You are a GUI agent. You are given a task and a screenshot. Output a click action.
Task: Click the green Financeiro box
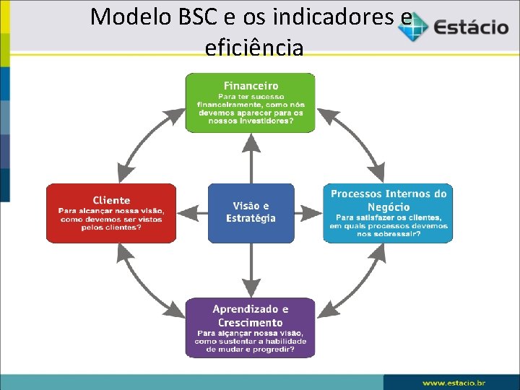[x=251, y=102]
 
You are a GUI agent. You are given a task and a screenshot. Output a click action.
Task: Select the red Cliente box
[x=111, y=213]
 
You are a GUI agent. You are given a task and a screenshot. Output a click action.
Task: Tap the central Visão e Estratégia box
[x=251, y=213]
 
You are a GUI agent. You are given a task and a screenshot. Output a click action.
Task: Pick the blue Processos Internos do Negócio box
[x=389, y=213]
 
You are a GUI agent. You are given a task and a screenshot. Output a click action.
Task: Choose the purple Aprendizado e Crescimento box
[x=251, y=327]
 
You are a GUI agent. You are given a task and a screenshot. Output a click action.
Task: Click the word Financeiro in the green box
[x=251, y=86]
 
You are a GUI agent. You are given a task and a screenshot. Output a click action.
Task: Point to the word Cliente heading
[x=111, y=200]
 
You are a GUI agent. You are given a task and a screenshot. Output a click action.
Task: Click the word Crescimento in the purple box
[x=251, y=322]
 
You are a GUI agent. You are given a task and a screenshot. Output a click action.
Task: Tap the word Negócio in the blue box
[x=389, y=207]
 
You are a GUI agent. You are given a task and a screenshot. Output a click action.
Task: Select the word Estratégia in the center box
[x=251, y=218]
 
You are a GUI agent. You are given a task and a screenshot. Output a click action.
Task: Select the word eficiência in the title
[x=254, y=48]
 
